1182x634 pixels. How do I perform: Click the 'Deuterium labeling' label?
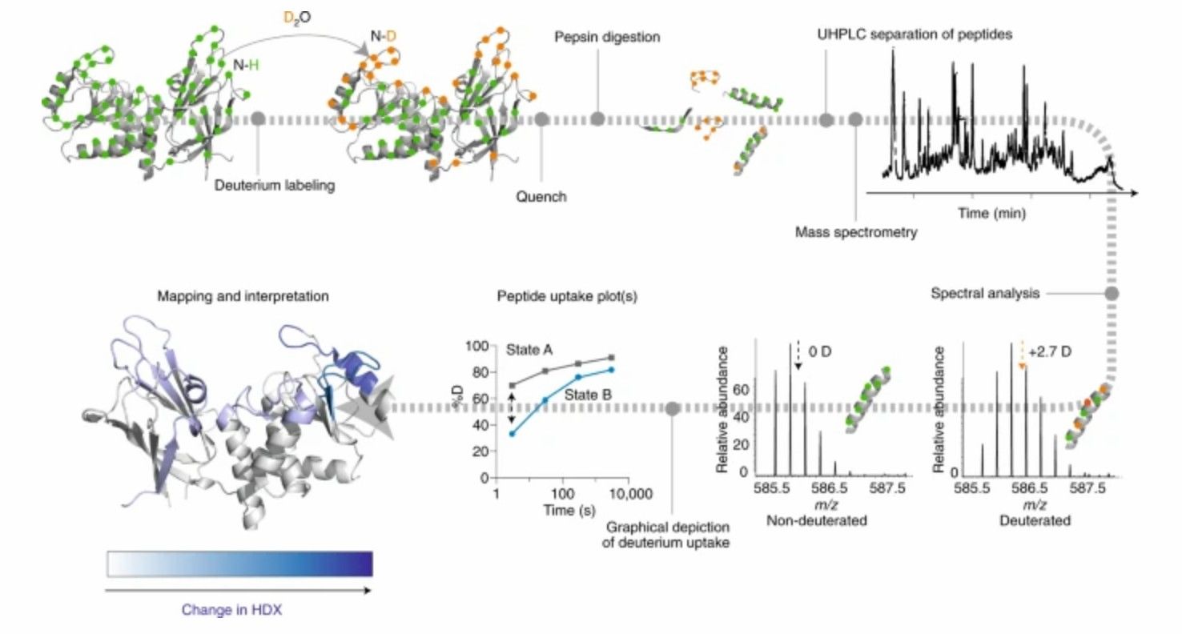click(x=274, y=186)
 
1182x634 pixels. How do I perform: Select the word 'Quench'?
click(x=541, y=196)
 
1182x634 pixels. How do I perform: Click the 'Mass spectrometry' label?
click(x=855, y=232)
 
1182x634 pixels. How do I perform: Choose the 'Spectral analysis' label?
click(x=985, y=294)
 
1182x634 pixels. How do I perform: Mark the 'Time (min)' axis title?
click(x=991, y=213)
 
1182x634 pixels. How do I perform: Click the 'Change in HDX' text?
click(x=231, y=609)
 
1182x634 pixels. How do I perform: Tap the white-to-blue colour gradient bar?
click(x=239, y=564)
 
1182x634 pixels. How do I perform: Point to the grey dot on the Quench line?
click(x=541, y=119)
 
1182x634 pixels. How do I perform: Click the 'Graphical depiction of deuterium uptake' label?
click(x=670, y=536)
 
